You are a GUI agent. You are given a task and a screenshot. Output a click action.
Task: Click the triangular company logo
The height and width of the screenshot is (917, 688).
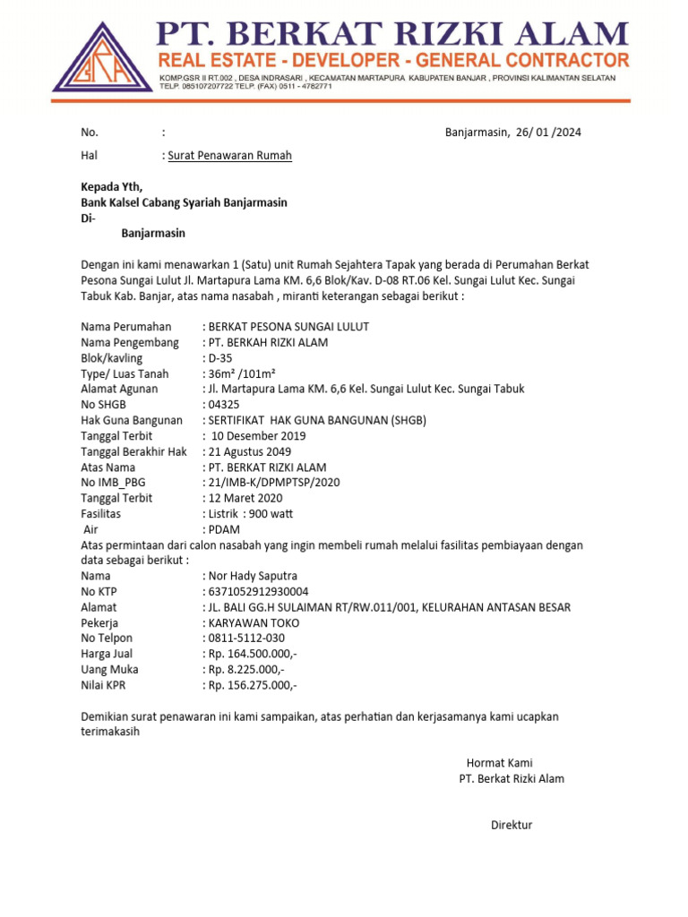coord(102,59)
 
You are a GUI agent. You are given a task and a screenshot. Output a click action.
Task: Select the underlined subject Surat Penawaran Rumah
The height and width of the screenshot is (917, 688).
coord(230,156)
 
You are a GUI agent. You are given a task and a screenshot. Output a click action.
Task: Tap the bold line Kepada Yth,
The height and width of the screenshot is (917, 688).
coord(112,187)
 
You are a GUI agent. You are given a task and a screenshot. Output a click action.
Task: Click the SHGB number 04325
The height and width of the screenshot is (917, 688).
coord(224,405)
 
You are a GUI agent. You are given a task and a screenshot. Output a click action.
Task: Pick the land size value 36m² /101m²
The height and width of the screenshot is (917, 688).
coord(241,373)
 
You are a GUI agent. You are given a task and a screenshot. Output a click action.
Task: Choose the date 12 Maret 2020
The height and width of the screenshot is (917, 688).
coord(245,498)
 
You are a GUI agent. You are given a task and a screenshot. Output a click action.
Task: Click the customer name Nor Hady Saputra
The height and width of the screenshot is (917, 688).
coord(253,576)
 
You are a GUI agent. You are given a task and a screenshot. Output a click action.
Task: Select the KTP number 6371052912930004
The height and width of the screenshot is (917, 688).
coord(258,591)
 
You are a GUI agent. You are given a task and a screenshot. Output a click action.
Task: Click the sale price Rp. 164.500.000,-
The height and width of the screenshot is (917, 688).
coord(253,654)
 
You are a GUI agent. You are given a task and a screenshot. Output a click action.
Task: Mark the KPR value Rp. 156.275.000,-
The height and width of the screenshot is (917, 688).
coord(253,685)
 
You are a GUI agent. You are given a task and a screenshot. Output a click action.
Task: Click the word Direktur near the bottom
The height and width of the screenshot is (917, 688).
coord(512,825)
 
